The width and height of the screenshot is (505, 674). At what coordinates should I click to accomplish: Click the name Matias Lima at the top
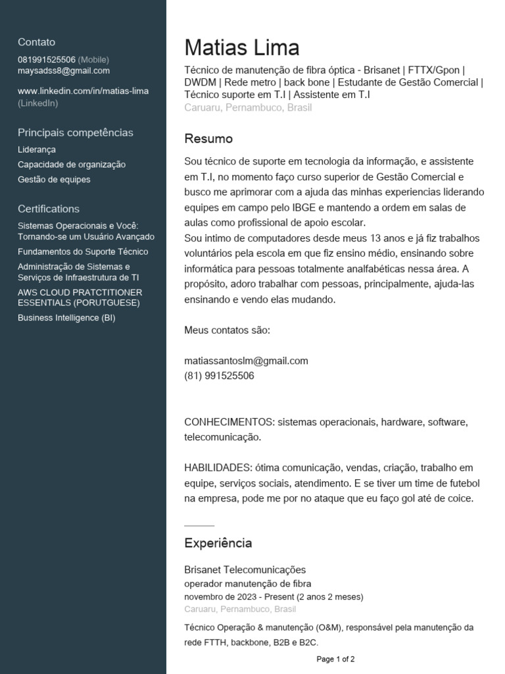[241, 48]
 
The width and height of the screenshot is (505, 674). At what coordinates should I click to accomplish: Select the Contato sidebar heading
[37, 42]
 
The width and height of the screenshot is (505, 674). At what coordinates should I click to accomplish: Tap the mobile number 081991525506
[47, 60]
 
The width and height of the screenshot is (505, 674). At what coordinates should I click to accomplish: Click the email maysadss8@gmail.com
[64, 71]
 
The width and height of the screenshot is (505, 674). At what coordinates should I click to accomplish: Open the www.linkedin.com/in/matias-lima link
[83, 91]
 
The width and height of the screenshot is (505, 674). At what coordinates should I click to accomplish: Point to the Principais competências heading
[76, 133]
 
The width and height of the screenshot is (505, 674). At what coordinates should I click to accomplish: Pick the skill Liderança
[37, 150]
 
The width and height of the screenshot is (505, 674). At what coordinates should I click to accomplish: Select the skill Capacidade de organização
[72, 165]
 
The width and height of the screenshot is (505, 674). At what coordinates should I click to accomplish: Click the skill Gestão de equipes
[54, 180]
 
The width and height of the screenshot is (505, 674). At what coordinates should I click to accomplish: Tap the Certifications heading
[49, 209]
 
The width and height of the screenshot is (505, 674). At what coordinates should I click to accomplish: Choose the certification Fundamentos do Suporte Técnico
[83, 252]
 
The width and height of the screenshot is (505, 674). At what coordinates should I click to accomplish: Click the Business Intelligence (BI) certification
[66, 318]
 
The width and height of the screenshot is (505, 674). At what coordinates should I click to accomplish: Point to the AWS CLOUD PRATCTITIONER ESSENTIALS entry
[80, 298]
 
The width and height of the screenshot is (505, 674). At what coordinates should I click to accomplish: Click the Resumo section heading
[208, 139]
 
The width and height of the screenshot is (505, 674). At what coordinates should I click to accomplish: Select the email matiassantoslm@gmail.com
[246, 361]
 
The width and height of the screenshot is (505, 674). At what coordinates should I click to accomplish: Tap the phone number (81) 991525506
[219, 376]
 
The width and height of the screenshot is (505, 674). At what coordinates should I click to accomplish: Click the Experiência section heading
[218, 543]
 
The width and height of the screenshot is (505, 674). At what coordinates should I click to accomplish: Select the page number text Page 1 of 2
[335, 659]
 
